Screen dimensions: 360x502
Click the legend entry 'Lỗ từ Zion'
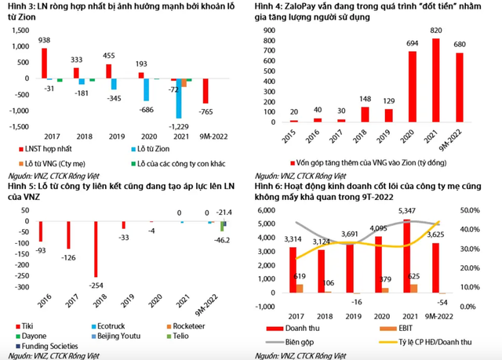(x=157, y=147)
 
